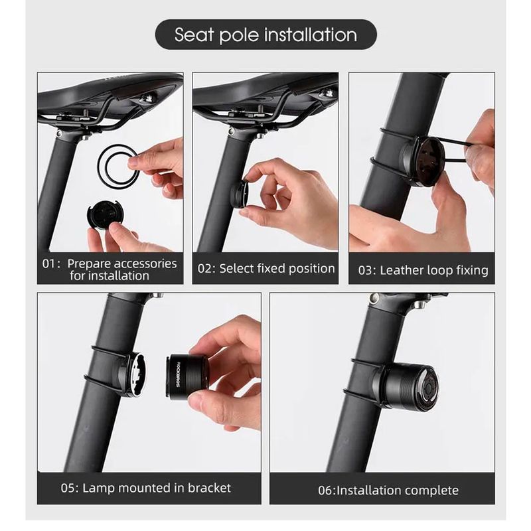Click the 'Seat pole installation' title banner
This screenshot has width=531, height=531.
click(x=266, y=35)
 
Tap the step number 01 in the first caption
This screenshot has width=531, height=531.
click(x=48, y=264)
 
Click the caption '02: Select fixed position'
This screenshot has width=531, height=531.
click(x=266, y=269)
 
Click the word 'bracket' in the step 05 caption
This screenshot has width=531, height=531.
click(x=209, y=488)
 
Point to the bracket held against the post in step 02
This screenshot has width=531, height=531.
click(x=240, y=194)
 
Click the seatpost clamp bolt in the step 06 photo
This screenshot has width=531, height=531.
click(x=374, y=298)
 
